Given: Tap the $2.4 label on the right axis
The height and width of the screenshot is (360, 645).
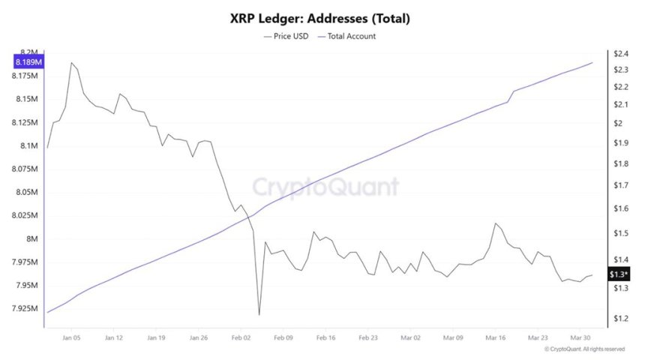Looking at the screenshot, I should click(619, 54).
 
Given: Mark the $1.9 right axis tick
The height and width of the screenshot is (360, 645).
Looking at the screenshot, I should click(619, 143).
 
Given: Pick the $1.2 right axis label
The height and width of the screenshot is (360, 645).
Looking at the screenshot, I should click(619, 319).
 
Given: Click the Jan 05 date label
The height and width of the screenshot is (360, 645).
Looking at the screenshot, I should click(71, 339).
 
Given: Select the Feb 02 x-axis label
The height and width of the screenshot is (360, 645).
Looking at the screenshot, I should click(241, 339).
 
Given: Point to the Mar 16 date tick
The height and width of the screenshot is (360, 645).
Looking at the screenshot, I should click(496, 339).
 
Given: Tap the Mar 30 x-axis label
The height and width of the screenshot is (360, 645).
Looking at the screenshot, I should click(580, 339).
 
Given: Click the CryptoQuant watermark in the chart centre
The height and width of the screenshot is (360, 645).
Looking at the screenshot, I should click(324, 187).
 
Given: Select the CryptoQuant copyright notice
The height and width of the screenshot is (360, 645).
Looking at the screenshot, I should click(584, 349).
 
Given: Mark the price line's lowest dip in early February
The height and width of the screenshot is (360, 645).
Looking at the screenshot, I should click(259, 315).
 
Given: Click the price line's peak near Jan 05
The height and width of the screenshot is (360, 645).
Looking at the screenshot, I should click(71, 63).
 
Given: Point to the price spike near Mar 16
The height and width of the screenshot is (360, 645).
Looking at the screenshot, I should click(496, 223).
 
